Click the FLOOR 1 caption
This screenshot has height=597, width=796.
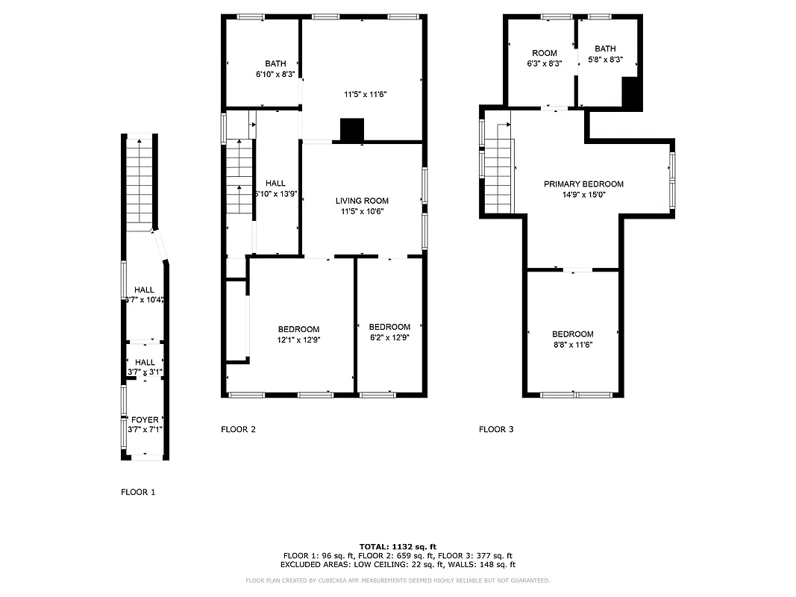(138, 493)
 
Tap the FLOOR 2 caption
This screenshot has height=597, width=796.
(238, 429)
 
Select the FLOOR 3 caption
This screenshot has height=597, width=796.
(496, 429)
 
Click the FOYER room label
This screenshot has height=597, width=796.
(145, 420)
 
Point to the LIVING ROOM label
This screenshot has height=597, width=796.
(362, 201)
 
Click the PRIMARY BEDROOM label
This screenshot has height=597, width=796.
(583, 184)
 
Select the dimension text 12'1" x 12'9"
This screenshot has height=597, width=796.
(298, 340)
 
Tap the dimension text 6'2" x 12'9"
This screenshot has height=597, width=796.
(389, 337)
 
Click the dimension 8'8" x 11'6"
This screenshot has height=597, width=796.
(573, 345)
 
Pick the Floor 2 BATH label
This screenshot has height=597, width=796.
(275, 63)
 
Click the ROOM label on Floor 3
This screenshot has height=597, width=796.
(545, 53)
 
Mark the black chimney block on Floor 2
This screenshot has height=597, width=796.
(351, 130)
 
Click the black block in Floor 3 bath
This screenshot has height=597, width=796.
(631, 94)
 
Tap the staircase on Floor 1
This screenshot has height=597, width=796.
(140, 181)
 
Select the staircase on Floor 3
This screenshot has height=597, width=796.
(498, 175)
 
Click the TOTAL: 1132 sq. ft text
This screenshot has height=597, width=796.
(398, 546)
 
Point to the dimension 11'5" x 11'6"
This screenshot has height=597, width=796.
(366, 94)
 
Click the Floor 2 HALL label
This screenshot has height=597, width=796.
(275, 183)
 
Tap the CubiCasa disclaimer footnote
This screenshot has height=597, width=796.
(398, 580)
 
